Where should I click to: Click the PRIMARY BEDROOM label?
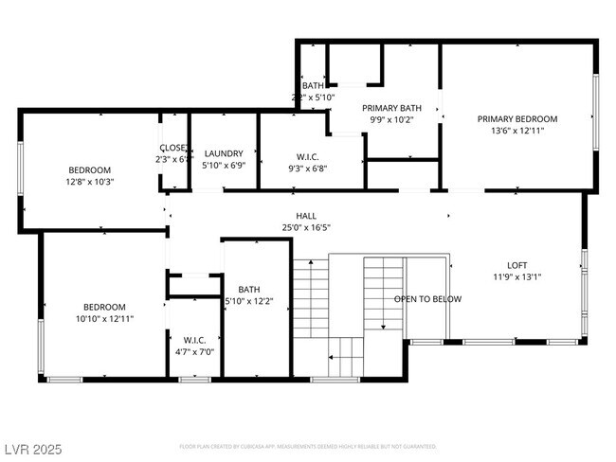coord(516,119)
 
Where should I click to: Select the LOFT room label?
coord(516,265)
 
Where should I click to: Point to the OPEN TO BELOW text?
coord(428,299)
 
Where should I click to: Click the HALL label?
coord(305,215)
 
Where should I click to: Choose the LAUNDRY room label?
coord(224,153)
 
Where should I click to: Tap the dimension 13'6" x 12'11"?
coord(516,132)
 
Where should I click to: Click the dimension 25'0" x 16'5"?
coord(305,227)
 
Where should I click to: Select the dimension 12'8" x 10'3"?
coord(89,182)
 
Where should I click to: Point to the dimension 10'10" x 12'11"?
coord(104,319)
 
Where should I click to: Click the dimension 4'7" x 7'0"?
coord(194,351)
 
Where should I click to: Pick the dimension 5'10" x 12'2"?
coord(248,302)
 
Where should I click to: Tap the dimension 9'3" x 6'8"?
coord(307,169)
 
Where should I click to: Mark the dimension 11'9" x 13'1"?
coord(516,277)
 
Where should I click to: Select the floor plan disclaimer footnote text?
coord(307,446)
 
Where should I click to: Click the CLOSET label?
coord(173,148)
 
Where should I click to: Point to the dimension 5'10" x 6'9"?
coord(224,166)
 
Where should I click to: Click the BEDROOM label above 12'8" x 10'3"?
coord(89,169)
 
